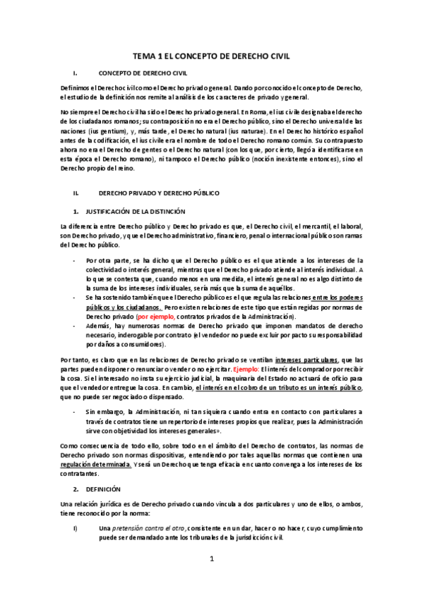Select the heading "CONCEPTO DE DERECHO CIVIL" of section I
pyautogui.click(x=143, y=73)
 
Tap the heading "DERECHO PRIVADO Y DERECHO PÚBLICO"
pyautogui.click(x=159, y=193)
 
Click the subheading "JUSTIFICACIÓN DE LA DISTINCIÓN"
pyautogui.click(x=135, y=211)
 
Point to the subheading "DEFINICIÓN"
pyautogui.click(x=103, y=488)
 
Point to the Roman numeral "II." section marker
pyautogui.click(x=77, y=193)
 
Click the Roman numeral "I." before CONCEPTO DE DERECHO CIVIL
pyautogui.click(x=75, y=73)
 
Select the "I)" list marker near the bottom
pyautogui.click(x=76, y=508)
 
